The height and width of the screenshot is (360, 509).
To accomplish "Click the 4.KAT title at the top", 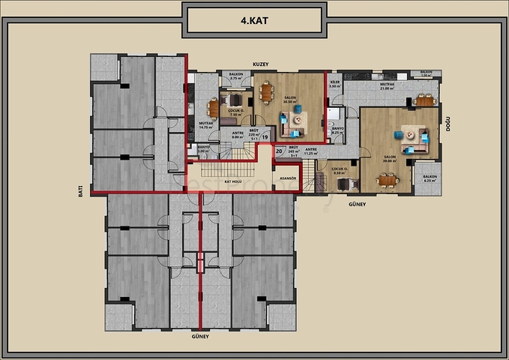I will (x=254, y=22).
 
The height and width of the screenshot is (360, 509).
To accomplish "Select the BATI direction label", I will (x=81, y=192).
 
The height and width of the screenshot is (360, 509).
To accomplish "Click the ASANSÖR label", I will (x=288, y=179).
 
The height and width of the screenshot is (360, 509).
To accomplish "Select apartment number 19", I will (x=265, y=137).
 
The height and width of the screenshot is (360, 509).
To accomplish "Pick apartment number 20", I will (x=279, y=151).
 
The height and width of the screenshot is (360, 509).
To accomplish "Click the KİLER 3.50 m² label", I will (x=335, y=85).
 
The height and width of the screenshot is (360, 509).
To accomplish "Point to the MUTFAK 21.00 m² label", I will (x=387, y=86).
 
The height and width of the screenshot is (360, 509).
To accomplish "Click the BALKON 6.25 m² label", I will (x=430, y=178).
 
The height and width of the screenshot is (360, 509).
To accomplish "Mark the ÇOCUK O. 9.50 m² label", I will (x=340, y=171).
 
